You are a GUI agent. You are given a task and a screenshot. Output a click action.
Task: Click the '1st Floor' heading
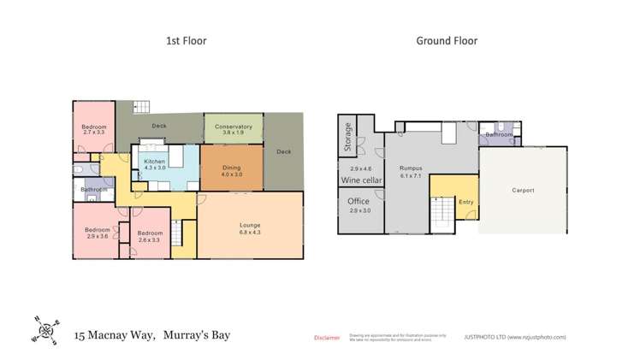tap(186, 40)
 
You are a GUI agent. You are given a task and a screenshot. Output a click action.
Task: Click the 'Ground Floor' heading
tap(447, 40)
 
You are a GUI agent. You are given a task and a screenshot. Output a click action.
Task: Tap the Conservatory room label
tap(233, 127)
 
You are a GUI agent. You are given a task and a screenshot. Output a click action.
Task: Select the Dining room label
tap(231, 168)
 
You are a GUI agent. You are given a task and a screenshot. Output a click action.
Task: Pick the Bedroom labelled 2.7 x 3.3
tap(93, 129)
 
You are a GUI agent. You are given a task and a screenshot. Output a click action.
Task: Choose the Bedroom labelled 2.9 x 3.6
tap(96, 231)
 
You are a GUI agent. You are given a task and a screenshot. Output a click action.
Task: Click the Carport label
tap(523, 190)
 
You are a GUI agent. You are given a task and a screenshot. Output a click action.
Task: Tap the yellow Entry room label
tap(465, 202)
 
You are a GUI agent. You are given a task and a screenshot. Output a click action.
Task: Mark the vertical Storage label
tap(348, 137)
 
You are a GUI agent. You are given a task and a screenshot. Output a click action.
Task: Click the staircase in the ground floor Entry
tap(442, 208)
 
